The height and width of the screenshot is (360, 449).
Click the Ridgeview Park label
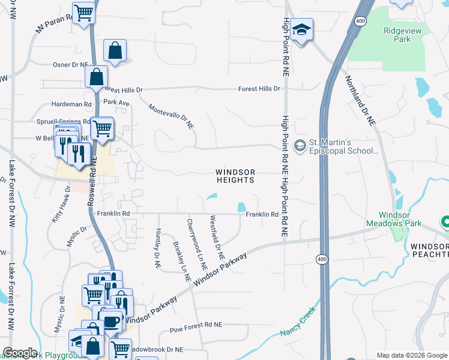click(398, 34)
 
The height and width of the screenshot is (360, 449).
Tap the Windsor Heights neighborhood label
click(235, 176)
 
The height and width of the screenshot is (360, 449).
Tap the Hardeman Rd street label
click(71, 104)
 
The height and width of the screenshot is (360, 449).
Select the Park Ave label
click(116, 103)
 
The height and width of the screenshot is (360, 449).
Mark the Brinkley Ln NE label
click(181, 263)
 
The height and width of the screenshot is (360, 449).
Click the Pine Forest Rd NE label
click(196, 324)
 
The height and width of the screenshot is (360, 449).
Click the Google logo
click(20, 353)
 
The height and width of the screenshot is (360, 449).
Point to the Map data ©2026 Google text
click(411, 355)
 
